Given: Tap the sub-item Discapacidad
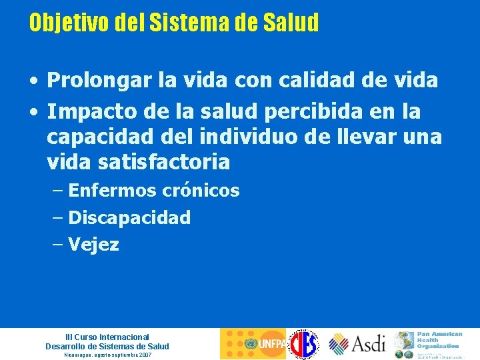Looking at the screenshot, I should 129,217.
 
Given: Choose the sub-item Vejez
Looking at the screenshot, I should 93,245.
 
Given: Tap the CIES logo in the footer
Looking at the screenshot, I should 304,344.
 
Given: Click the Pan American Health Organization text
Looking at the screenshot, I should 439,339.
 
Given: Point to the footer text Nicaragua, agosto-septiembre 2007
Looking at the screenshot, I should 107,355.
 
